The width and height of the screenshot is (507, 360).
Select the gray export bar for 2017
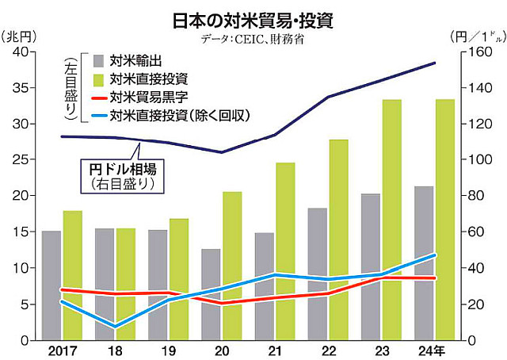click(51, 285)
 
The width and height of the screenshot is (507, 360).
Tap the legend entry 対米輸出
click(131, 61)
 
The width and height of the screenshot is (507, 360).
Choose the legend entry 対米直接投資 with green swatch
click(143, 79)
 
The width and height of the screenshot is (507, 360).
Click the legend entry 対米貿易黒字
click(143, 98)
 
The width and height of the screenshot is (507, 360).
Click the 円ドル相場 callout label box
click(123, 175)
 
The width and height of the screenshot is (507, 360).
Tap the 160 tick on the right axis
click(475, 52)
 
